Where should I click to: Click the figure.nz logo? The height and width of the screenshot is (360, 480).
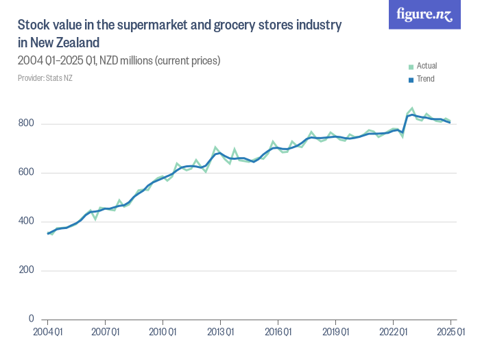pyautogui.click(x=425, y=14)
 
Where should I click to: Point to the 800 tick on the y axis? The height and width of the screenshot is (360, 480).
pyautogui.click(x=27, y=124)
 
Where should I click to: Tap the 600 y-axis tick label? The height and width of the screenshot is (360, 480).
pyautogui.click(x=27, y=173)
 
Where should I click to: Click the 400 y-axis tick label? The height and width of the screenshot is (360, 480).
pyautogui.click(x=27, y=221)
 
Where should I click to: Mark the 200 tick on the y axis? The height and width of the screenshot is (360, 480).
pyautogui.click(x=27, y=270)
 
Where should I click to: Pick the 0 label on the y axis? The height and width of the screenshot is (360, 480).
pyautogui.click(x=32, y=319)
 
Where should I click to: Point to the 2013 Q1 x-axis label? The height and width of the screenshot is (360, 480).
pyautogui.click(x=219, y=333)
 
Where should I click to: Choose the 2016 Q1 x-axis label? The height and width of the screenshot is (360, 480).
pyautogui.click(x=277, y=333)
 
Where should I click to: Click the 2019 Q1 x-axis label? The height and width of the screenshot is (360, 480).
pyautogui.click(x=335, y=333)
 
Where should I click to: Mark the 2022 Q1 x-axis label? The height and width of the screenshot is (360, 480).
pyautogui.click(x=392, y=333)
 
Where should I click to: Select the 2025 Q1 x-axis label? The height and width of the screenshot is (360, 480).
pyautogui.click(x=450, y=333)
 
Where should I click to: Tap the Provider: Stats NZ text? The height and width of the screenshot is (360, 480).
pyautogui.click(x=45, y=78)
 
